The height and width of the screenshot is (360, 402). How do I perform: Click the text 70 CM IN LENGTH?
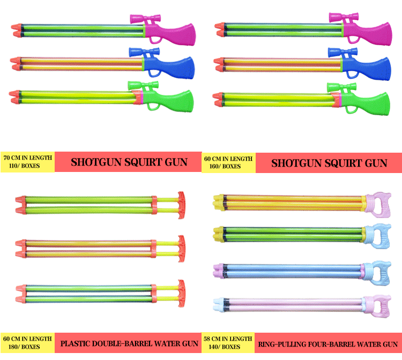click(x=27, y=157)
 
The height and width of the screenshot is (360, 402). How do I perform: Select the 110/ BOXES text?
click(x=20, y=166)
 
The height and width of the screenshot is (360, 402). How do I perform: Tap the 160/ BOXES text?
click(x=222, y=166)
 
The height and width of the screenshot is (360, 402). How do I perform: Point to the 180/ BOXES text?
click(x=21, y=347)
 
